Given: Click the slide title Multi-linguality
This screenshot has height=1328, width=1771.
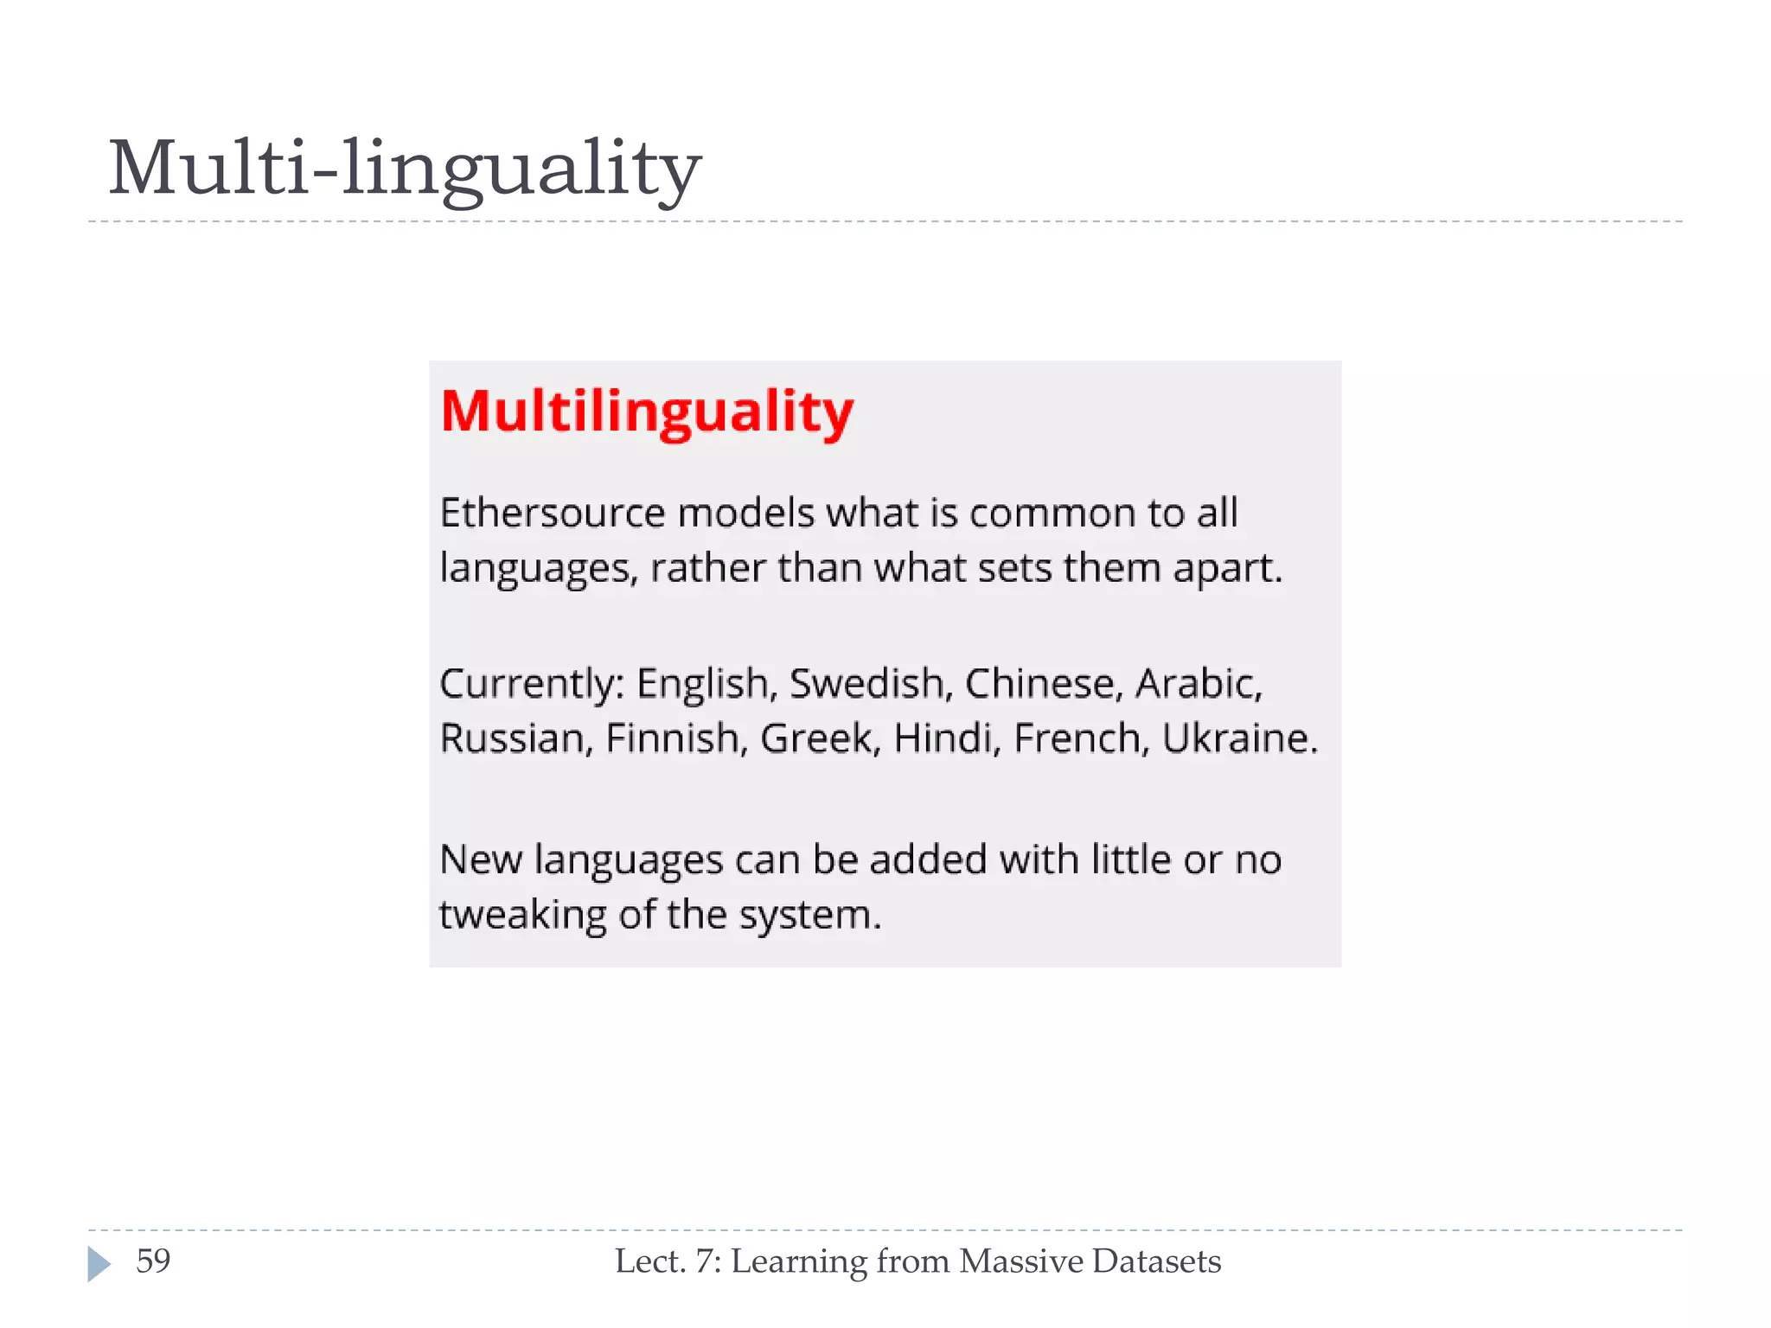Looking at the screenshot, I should point(405,169).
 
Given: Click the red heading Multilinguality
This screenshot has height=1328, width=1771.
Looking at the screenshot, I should point(647,412).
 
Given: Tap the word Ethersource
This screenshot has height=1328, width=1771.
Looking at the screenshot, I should point(553,514).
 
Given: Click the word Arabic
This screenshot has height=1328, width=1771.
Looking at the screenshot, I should point(1198,684).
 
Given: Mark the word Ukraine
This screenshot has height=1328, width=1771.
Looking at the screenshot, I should point(1238,739).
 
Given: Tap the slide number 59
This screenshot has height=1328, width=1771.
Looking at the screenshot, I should point(153,1261).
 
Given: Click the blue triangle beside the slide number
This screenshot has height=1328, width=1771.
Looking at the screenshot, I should point(99,1264).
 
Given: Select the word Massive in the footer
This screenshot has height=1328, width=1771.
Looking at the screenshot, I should point(1021,1261).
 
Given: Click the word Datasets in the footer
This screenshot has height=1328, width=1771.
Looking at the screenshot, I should point(1156,1261).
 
